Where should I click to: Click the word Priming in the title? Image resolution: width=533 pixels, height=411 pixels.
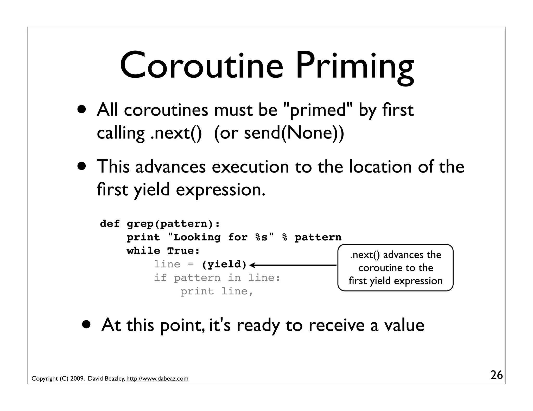click(x=354, y=67)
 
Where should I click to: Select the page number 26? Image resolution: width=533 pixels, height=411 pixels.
click(x=497, y=375)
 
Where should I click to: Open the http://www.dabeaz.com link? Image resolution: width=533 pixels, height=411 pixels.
click(x=157, y=379)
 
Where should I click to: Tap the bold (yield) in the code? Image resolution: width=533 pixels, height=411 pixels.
click(x=224, y=264)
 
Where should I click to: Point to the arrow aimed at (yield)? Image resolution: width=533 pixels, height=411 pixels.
click(x=293, y=265)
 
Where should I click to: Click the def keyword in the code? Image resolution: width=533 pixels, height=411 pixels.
click(x=110, y=224)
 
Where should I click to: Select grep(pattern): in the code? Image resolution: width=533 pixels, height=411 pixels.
click(x=173, y=224)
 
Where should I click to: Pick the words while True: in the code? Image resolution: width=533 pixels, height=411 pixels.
click(x=163, y=251)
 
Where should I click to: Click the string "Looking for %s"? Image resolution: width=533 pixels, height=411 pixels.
click(x=221, y=237)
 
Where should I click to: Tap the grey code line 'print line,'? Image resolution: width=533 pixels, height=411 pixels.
click(x=217, y=291)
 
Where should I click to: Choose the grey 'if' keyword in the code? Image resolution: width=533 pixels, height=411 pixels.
click(x=160, y=278)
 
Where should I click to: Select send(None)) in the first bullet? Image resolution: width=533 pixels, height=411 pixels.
click(x=294, y=133)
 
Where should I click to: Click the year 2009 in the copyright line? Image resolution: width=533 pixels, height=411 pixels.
click(x=77, y=379)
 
